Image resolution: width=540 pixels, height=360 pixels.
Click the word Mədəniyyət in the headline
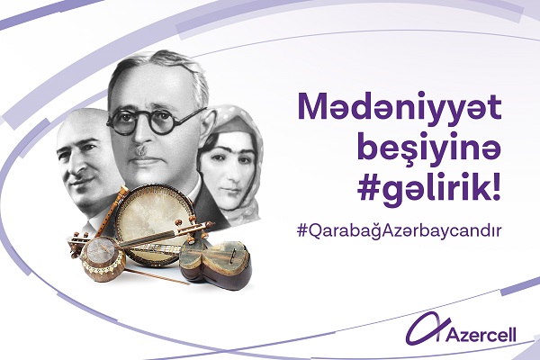(x=400, y=107)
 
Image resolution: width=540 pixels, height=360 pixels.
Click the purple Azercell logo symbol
(x=427, y=328)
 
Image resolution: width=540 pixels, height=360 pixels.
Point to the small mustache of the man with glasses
(x=140, y=150)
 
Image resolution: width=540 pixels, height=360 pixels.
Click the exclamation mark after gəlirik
(x=496, y=187)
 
